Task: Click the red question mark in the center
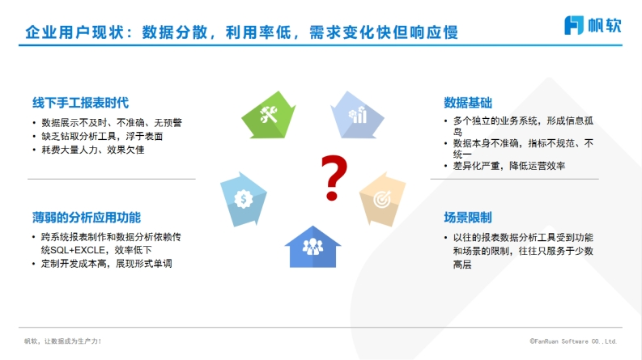tap(334, 177)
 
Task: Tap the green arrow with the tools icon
tap(269, 115)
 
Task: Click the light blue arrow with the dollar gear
tap(244, 199)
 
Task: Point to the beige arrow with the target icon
tap(382, 199)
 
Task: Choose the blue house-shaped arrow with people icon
tap(312, 247)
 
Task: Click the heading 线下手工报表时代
tap(81, 103)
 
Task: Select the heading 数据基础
tap(468, 103)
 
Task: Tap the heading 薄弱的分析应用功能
tap(87, 218)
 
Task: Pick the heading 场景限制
tap(468, 218)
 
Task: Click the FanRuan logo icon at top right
tap(574, 25)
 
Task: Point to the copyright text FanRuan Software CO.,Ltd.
tap(573, 341)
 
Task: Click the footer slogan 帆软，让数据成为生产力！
tap(62, 341)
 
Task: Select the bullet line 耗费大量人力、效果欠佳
tap(93, 150)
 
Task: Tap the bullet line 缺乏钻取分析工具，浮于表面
tap(102, 136)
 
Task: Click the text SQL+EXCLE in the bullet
tap(78, 250)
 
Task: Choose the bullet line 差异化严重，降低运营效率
tap(509, 166)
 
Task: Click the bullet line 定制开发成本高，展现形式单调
tap(106, 264)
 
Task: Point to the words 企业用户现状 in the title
tap(74, 32)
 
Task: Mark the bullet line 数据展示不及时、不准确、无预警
tap(112, 123)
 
